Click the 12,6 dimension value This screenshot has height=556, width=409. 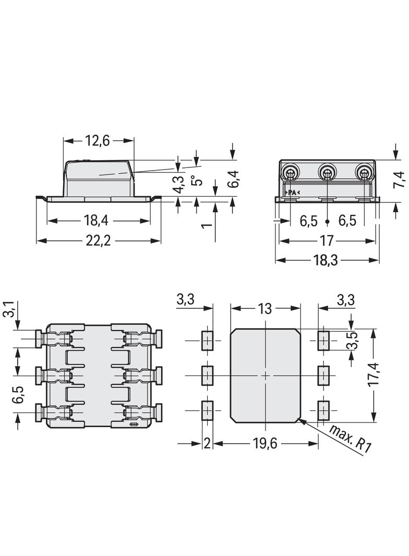98,141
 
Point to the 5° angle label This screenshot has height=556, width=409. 195,180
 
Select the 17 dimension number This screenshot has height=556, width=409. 327,241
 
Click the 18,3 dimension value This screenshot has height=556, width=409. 327,260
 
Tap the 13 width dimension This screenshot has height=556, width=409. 265,308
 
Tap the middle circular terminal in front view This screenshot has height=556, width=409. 327,172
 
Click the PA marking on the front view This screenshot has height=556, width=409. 292,193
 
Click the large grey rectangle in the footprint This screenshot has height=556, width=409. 265,375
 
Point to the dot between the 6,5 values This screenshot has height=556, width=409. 327,222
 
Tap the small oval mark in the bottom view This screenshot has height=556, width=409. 134,424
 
